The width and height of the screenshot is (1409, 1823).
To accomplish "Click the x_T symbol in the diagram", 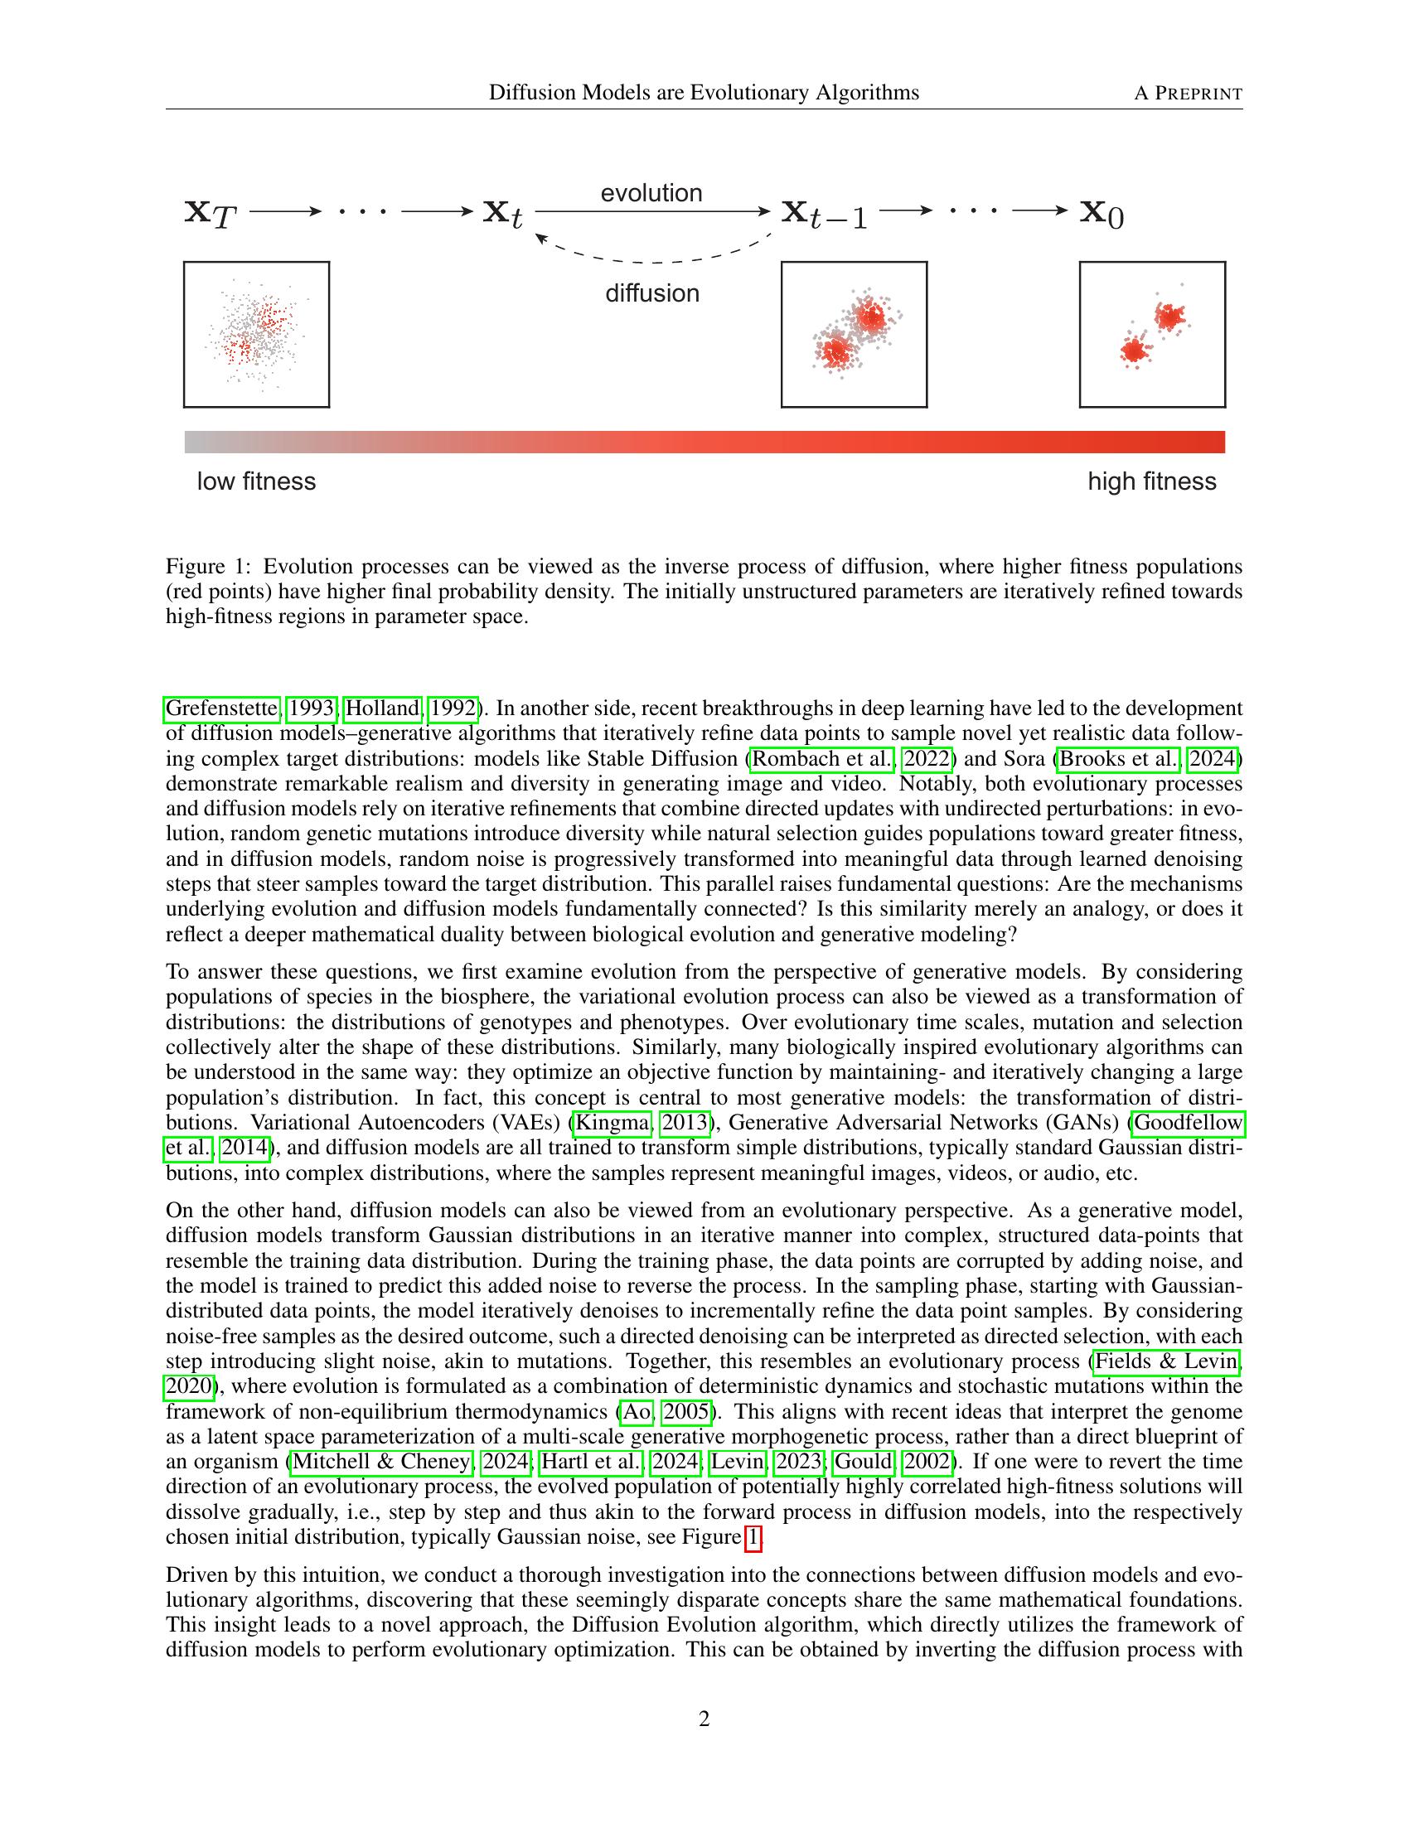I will [x=211, y=214].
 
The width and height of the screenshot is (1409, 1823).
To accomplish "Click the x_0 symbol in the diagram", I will [x=1102, y=214].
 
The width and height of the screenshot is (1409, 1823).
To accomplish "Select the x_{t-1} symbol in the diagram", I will [x=824, y=214].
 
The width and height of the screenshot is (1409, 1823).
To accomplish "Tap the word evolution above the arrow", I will [x=651, y=193].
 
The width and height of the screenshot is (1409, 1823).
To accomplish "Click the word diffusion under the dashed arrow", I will [x=652, y=293].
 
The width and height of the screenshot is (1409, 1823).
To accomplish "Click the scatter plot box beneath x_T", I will [x=256, y=335].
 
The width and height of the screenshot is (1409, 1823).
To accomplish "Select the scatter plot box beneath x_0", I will [x=1152, y=335].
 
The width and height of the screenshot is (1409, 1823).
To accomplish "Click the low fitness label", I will [x=256, y=481].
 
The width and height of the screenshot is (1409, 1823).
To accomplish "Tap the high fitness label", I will [x=1151, y=481].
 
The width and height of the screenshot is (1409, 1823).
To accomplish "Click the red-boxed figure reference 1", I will [x=753, y=1537].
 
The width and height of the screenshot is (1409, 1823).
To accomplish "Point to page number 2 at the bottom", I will [x=704, y=1719].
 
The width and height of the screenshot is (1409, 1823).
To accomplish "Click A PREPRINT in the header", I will [x=1188, y=93].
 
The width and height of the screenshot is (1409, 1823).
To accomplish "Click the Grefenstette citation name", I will [x=222, y=708].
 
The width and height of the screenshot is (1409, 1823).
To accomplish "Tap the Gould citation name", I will [x=863, y=1462].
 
